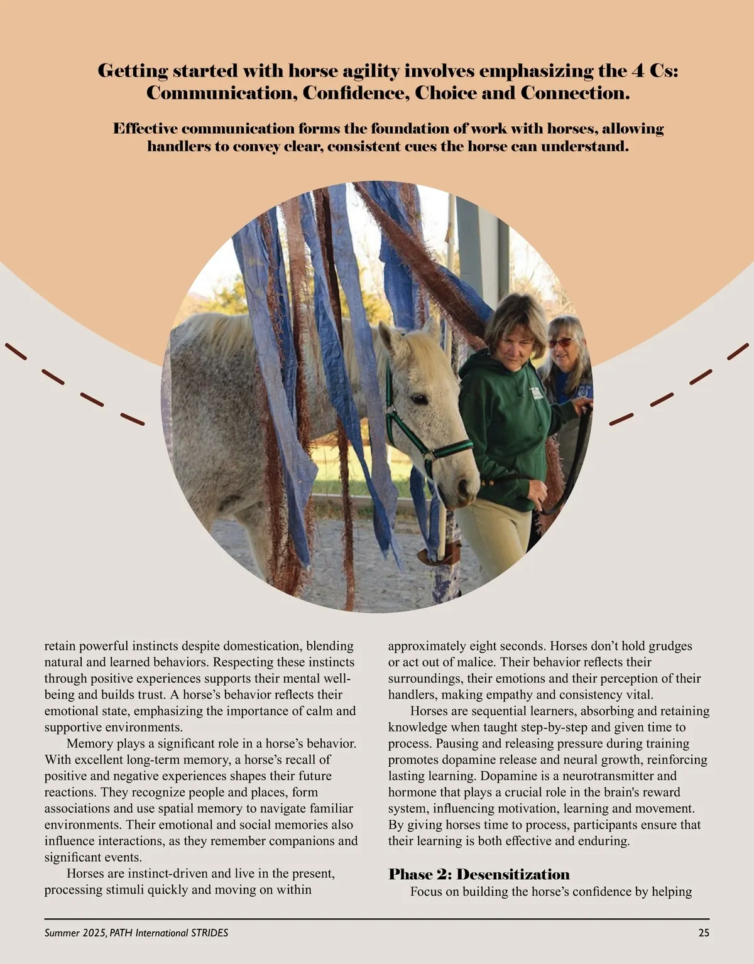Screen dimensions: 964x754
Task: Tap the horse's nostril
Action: (x=466, y=487)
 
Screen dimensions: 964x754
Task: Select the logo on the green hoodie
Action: (x=535, y=394)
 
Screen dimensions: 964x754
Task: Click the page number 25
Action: (x=704, y=933)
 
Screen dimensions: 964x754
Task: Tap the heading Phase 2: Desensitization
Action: (x=479, y=875)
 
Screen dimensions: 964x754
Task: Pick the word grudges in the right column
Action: (x=670, y=646)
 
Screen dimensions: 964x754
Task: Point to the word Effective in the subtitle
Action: (x=145, y=129)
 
